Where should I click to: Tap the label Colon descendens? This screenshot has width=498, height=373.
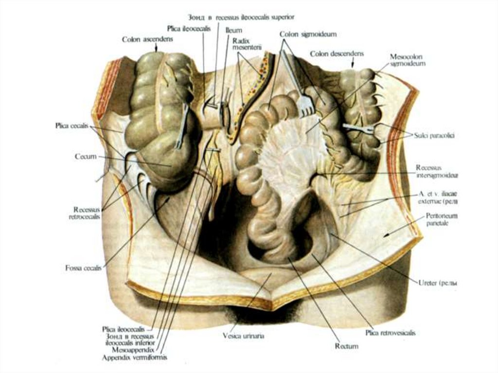(337, 53)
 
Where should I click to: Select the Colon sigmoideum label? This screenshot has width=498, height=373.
(308, 34)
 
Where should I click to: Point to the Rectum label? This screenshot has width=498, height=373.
(346, 346)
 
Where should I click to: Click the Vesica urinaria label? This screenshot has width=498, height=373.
(243, 336)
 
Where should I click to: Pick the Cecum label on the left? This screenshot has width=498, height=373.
(85, 157)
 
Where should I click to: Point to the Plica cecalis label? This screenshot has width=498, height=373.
(71, 125)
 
